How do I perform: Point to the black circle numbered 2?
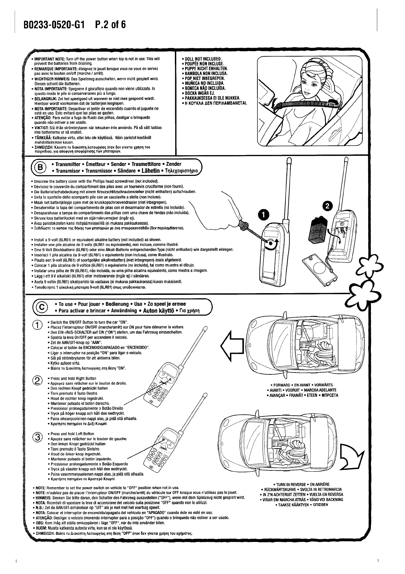327,206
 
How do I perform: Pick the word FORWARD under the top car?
282,386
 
